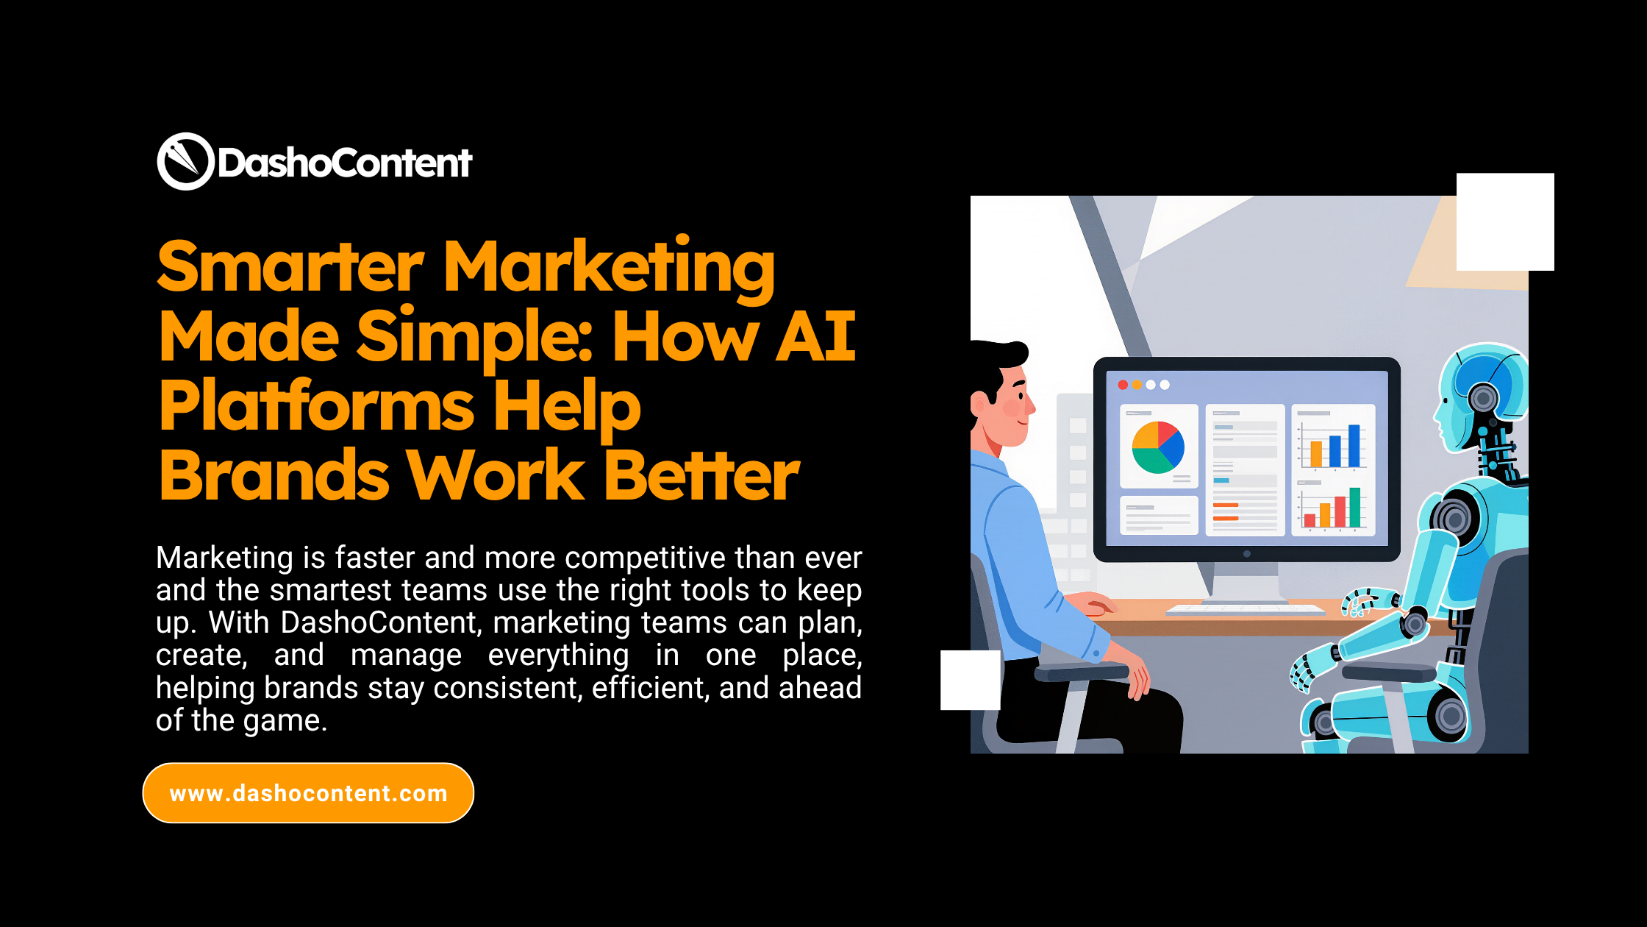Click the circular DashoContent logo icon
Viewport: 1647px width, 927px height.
[185, 161]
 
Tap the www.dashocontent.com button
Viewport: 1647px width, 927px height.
[308, 793]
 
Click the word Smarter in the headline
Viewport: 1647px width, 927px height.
[290, 267]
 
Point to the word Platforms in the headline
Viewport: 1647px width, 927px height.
[316, 406]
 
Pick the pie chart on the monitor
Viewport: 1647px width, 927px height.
[1158, 447]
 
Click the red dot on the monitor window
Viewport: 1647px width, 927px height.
[1123, 385]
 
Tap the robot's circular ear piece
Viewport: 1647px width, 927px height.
[1483, 398]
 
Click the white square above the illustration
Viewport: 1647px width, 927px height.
[1505, 221]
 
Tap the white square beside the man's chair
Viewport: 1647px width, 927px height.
[970, 680]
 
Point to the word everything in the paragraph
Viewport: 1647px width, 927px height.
[558, 655]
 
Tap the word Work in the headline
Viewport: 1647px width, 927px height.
[496, 476]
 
